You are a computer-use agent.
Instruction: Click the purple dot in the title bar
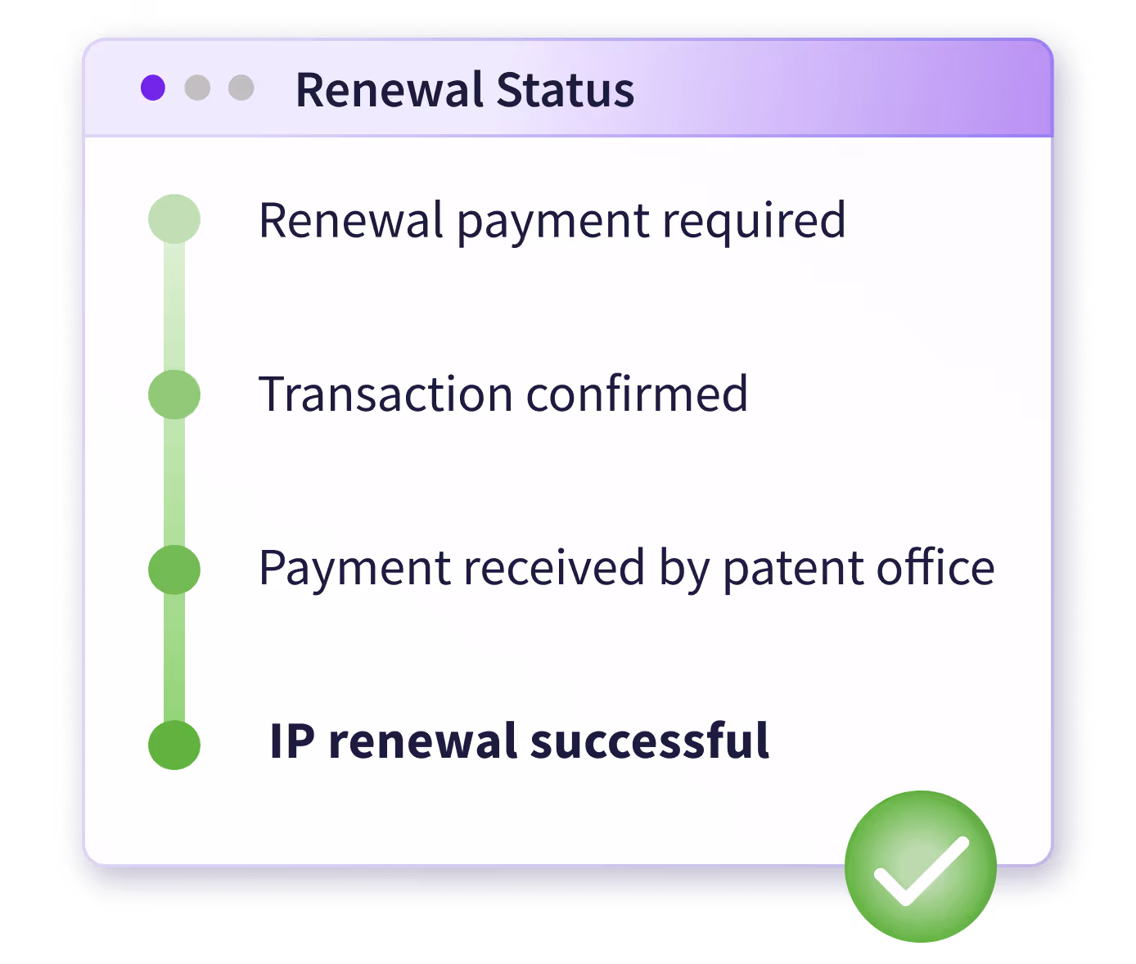[x=153, y=88]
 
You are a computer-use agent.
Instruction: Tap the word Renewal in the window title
[x=390, y=90]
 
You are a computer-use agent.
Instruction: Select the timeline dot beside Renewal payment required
[x=174, y=219]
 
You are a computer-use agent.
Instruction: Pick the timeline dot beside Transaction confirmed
[x=174, y=394]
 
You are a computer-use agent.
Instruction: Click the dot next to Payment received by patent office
[x=174, y=570]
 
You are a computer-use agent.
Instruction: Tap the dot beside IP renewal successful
[x=174, y=745]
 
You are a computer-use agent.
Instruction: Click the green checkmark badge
[x=921, y=866]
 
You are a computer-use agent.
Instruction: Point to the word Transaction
[x=385, y=394]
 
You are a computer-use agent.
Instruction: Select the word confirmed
[x=637, y=394]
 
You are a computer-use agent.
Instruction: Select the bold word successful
[x=650, y=741]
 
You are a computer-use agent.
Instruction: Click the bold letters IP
[x=291, y=741]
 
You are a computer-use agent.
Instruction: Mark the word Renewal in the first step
[x=351, y=221]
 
